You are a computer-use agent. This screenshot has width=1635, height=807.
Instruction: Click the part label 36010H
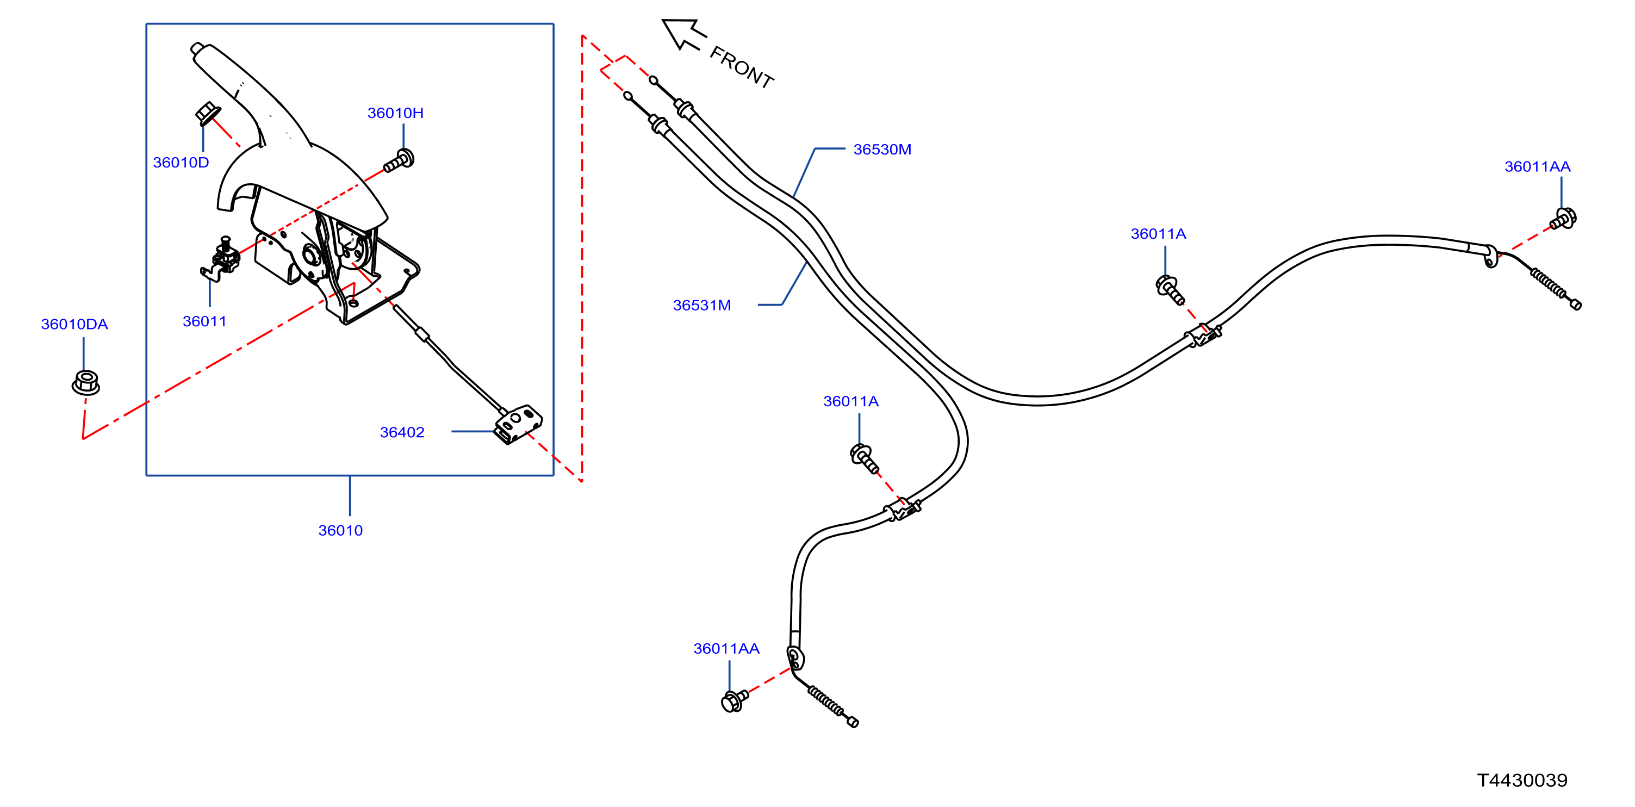click(x=395, y=113)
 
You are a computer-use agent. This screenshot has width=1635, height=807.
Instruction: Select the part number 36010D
click(x=181, y=163)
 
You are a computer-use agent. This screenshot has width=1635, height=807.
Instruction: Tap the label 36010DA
click(x=74, y=325)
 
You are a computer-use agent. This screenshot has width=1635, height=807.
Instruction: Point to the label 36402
click(x=402, y=432)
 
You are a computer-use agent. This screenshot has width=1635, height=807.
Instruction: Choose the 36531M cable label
click(x=702, y=306)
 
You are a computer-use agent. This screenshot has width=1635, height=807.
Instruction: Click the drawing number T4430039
click(x=1522, y=780)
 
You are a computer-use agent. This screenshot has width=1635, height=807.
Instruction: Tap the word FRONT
click(x=741, y=67)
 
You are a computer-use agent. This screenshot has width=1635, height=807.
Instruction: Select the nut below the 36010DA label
click(x=86, y=382)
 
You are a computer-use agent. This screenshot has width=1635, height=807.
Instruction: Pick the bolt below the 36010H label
click(x=399, y=160)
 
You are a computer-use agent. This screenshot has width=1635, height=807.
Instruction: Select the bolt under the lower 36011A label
click(x=864, y=458)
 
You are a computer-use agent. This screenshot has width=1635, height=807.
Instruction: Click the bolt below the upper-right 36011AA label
click(x=1563, y=219)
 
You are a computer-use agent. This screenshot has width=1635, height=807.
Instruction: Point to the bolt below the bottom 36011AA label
click(x=735, y=700)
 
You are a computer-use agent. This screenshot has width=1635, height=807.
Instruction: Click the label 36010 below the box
click(x=340, y=531)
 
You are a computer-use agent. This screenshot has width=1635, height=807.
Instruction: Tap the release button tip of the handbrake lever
click(x=196, y=48)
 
